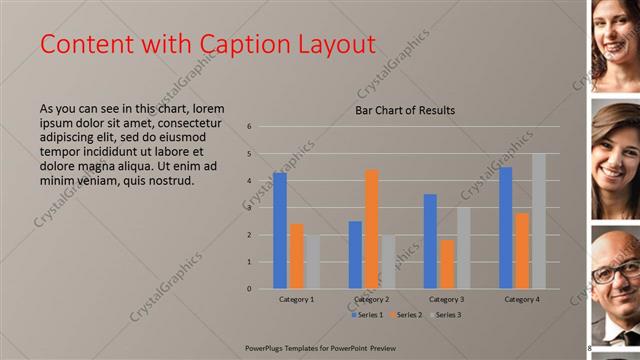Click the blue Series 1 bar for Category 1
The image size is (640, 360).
tap(280, 231)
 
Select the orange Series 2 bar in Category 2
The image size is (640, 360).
tap(372, 229)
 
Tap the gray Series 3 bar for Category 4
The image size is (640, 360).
tap(539, 221)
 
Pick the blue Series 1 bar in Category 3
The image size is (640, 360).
tap(430, 241)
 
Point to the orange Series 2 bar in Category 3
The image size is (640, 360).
tap(447, 264)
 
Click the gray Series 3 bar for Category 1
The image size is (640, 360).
tap(313, 262)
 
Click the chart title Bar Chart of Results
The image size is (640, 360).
tap(405, 110)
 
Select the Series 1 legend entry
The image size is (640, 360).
tap(369, 314)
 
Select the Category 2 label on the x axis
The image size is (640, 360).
tap(371, 299)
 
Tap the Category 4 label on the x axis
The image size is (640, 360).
tap(522, 299)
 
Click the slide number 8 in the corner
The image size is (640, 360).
tap(589, 347)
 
